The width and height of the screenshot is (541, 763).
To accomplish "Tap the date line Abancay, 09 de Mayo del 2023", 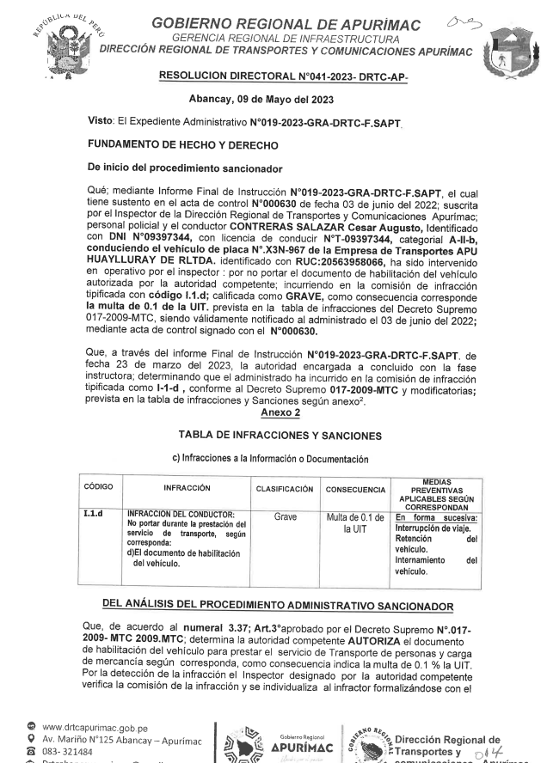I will tap(268, 98).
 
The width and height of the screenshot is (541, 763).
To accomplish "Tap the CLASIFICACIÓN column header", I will tap(284, 488).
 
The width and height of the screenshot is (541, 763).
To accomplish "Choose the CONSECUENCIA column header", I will tap(355, 488).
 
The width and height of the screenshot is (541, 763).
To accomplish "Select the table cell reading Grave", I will tap(284, 518).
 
